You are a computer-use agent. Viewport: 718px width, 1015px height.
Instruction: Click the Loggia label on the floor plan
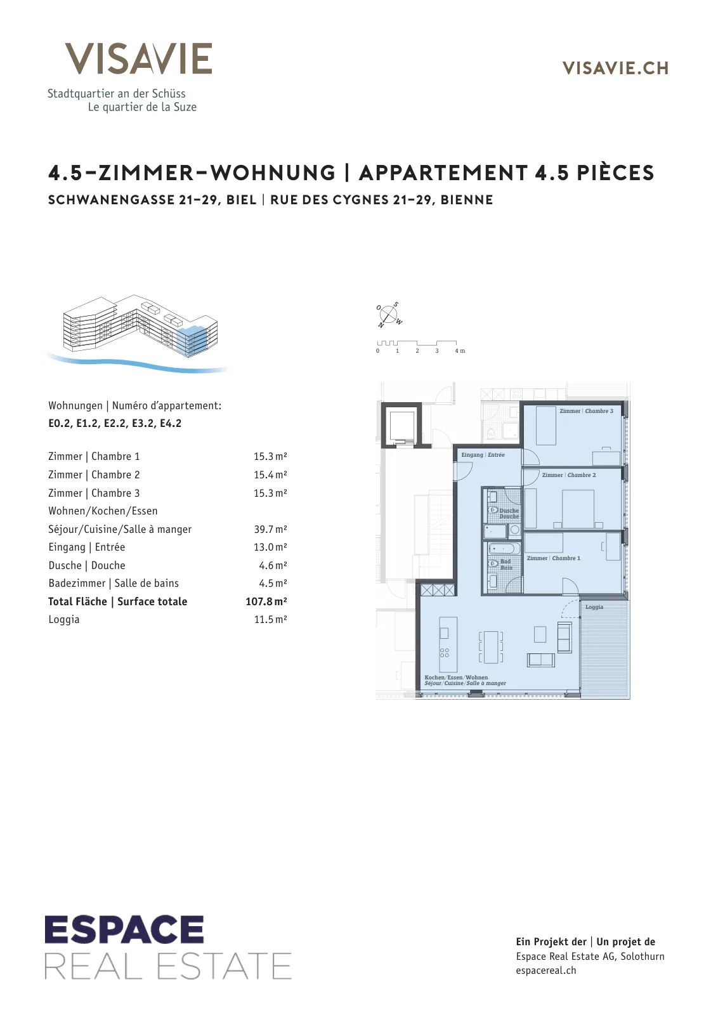click(594, 607)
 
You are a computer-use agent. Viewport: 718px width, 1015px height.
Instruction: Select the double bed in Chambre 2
click(578, 509)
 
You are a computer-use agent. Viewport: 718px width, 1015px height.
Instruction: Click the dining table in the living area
click(490, 647)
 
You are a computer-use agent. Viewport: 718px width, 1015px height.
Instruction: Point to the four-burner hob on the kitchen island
click(445, 653)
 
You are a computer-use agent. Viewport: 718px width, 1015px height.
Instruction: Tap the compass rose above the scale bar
click(388, 314)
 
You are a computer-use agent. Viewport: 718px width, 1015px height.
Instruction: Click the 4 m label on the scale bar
click(460, 351)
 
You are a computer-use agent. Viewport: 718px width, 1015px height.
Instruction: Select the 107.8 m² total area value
click(266, 601)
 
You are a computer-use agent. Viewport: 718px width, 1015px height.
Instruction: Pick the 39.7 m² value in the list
click(270, 529)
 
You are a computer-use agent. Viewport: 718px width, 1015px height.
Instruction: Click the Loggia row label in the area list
click(64, 619)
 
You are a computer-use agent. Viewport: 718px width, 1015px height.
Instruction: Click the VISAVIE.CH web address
click(615, 68)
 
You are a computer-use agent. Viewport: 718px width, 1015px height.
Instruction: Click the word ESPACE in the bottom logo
click(124, 930)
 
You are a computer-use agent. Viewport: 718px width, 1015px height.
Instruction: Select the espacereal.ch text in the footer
click(546, 971)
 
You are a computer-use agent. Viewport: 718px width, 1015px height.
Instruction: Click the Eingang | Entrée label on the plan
click(483, 454)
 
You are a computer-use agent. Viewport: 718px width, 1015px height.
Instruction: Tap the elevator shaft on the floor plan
click(401, 425)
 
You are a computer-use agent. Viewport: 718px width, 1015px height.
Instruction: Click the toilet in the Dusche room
click(493, 510)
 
